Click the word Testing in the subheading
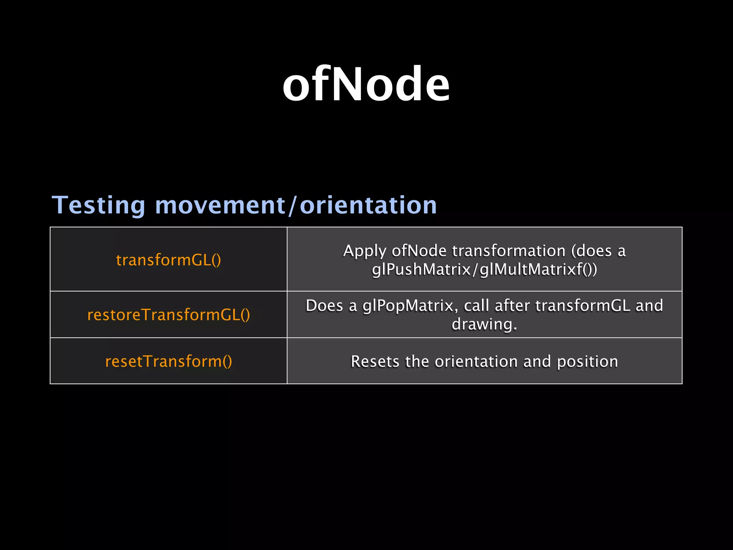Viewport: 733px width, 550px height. [x=98, y=206]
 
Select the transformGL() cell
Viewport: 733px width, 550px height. [x=168, y=260]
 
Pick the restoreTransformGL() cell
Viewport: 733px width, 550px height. [x=168, y=315]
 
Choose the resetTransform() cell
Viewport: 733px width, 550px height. [x=168, y=361]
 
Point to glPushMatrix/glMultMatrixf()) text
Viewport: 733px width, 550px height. [x=484, y=270]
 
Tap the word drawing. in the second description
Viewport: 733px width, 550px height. [x=484, y=324]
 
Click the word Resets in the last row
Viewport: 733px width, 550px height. [x=375, y=361]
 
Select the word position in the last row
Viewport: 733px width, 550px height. [x=587, y=361]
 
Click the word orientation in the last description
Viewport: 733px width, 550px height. [x=476, y=361]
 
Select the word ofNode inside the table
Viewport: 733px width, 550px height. [x=419, y=251]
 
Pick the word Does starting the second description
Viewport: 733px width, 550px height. [x=324, y=306]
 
